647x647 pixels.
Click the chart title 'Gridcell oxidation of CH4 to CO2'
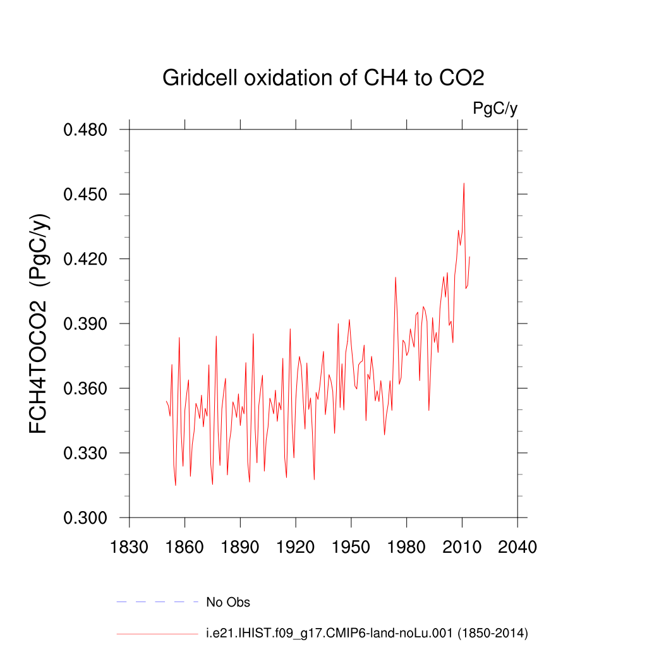click(323, 78)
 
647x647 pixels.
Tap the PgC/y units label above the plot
click(495, 109)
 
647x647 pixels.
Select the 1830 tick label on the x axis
click(130, 546)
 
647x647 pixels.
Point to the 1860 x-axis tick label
click(184, 546)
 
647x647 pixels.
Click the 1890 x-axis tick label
click(240, 546)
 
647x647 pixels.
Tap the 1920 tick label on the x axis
click(296, 546)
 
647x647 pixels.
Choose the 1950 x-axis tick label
click(351, 546)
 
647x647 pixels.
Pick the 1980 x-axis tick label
click(406, 546)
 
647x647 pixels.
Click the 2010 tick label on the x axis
click(462, 546)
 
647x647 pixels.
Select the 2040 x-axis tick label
click(517, 546)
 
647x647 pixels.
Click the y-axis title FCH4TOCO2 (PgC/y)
click(39, 324)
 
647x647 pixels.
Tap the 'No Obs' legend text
click(228, 602)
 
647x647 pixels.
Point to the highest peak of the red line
click(464, 183)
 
